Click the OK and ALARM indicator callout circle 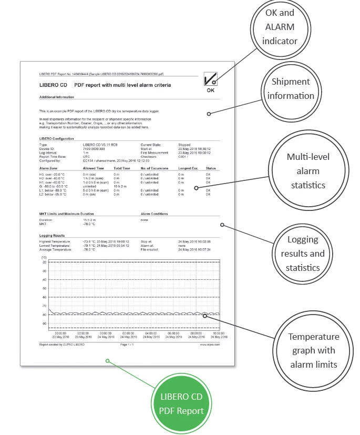280,26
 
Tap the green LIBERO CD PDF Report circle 182,403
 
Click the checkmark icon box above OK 210,79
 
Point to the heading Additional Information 57,97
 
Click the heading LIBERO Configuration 57,138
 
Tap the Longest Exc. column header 188,168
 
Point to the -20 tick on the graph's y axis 44,262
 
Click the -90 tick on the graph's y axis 44,323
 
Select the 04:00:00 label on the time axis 151,333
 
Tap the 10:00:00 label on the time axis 219,333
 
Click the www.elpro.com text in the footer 210,345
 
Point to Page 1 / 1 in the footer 128,345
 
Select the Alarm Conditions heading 155,214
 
